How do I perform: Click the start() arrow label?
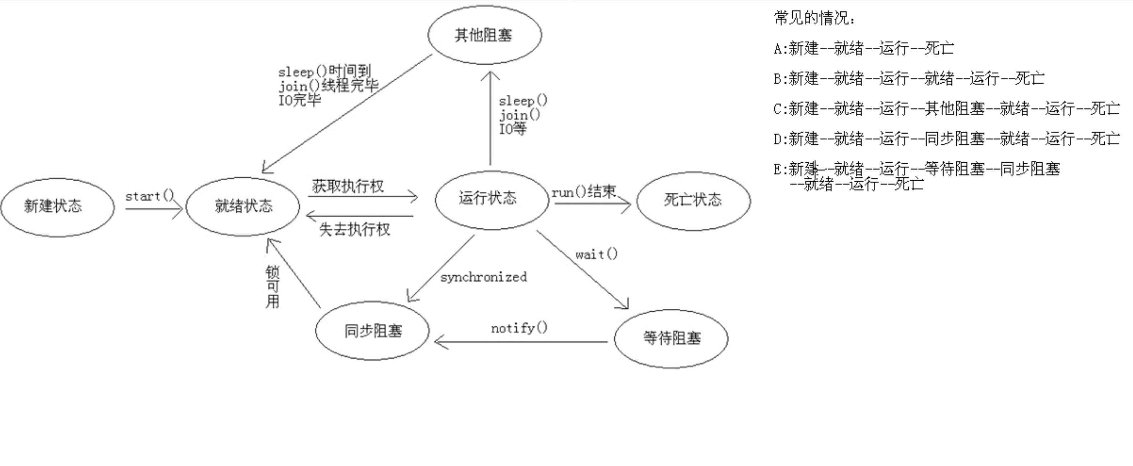click(150, 196)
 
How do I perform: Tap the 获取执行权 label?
click(348, 186)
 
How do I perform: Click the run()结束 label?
click(584, 191)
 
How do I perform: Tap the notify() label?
click(519, 328)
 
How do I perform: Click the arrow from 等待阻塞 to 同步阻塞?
click(521, 342)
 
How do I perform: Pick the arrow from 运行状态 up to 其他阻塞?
click(490, 118)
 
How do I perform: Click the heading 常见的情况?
click(814, 18)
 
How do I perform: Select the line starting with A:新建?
click(864, 48)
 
